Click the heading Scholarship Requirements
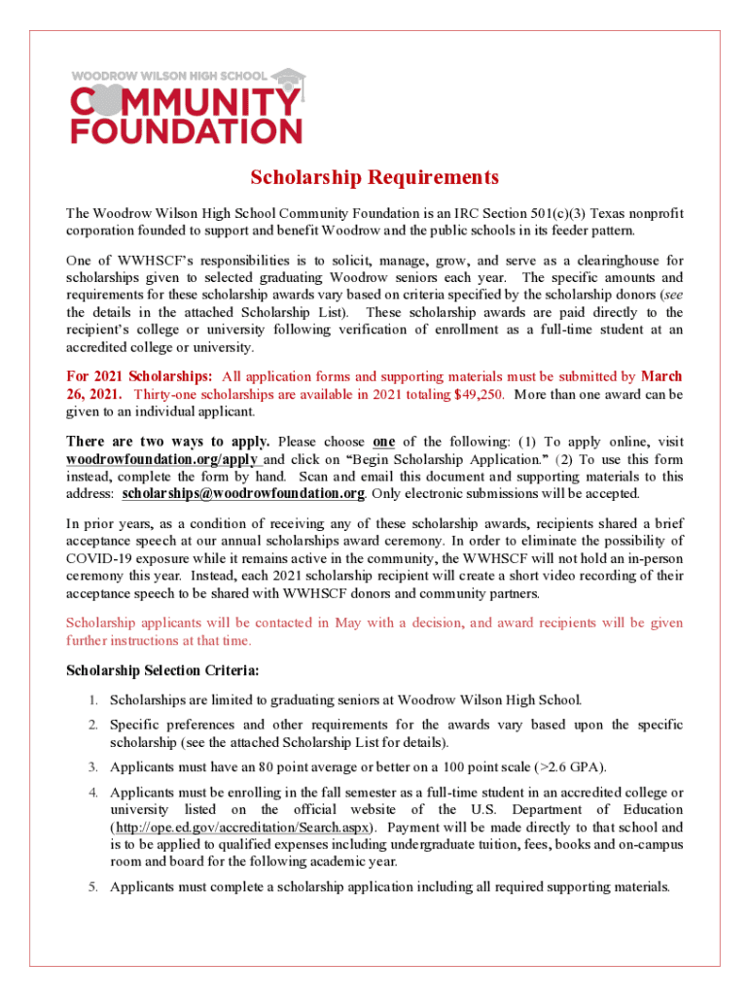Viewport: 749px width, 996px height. point(374,177)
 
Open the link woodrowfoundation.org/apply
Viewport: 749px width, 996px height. point(163,459)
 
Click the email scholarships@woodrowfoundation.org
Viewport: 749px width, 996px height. point(243,494)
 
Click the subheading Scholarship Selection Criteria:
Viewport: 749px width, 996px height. point(161,670)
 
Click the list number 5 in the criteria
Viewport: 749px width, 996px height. point(92,886)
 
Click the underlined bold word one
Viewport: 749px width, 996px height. point(383,442)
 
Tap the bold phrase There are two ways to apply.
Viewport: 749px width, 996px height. point(167,442)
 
